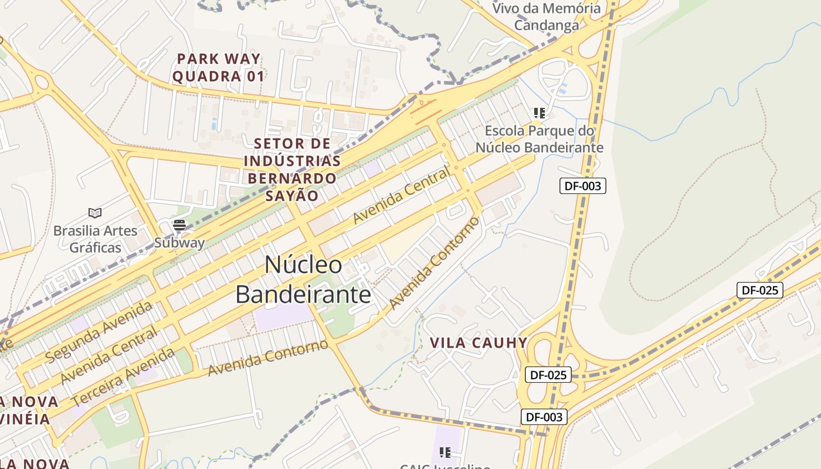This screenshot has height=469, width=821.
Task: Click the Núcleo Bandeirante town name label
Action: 303,280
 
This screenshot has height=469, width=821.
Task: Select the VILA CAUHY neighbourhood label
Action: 479,343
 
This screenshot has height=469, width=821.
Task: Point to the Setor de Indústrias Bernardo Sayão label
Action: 292,169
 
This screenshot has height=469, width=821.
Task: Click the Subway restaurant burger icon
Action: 179,225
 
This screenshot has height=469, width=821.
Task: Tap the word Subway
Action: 179,243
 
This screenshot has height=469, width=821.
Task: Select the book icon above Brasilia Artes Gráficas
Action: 95,213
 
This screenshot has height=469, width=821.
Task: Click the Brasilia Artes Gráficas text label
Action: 95,239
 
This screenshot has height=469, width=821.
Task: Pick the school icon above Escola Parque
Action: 539,113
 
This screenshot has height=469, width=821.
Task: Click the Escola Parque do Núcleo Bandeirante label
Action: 539,139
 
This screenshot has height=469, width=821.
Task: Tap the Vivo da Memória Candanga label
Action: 547,16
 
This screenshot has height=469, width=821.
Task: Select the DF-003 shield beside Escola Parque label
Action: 582,186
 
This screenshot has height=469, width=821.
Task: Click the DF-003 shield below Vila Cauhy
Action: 544,417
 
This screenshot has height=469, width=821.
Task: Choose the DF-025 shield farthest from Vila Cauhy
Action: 759,290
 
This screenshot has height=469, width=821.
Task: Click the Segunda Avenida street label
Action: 99,331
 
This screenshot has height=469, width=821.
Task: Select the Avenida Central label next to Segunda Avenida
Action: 109,355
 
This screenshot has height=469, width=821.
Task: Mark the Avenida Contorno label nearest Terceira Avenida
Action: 268,357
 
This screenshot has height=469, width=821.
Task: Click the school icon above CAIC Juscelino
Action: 445,452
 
